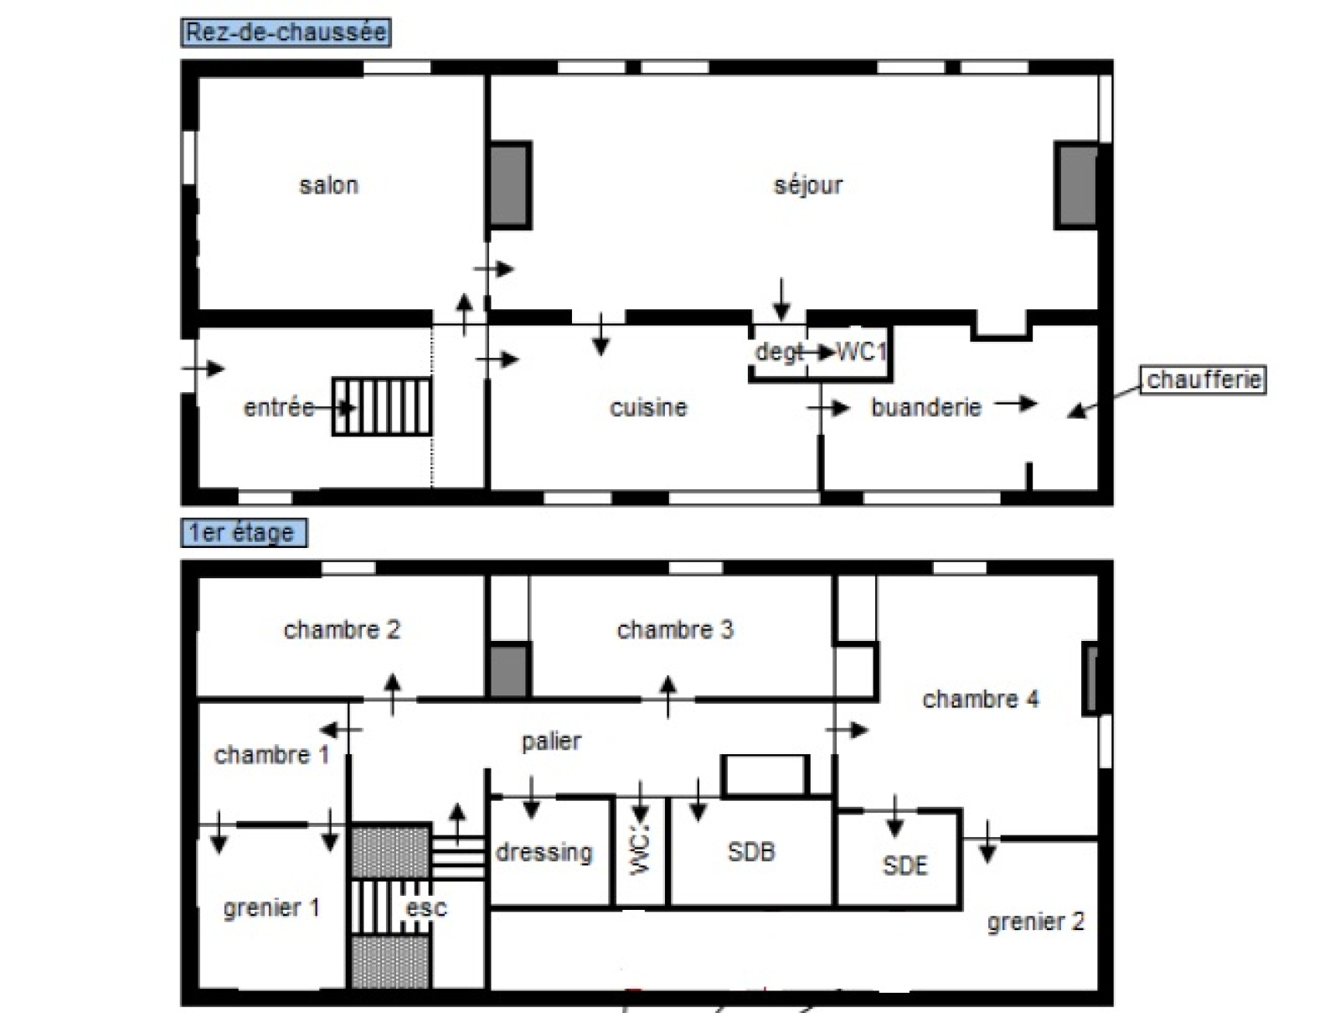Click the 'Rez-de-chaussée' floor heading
[286, 33]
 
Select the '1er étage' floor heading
[244, 532]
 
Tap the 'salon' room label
[328, 185]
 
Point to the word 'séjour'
[808, 186]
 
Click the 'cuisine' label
[648, 407]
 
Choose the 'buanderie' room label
[926, 407]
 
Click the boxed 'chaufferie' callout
[1203, 380]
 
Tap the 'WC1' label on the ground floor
[861, 351]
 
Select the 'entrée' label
[279, 407]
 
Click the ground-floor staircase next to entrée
[382, 406]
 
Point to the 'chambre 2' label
[342, 629]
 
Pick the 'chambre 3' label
[674, 629]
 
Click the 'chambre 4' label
[981, 699]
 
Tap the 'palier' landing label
[551, 742]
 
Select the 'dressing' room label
[544, 852]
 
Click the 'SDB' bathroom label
[751, 852]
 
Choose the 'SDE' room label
[904, 866]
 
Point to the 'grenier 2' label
[1036, 922]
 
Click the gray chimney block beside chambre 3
[509, 669]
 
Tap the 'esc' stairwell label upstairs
[426, 908]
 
